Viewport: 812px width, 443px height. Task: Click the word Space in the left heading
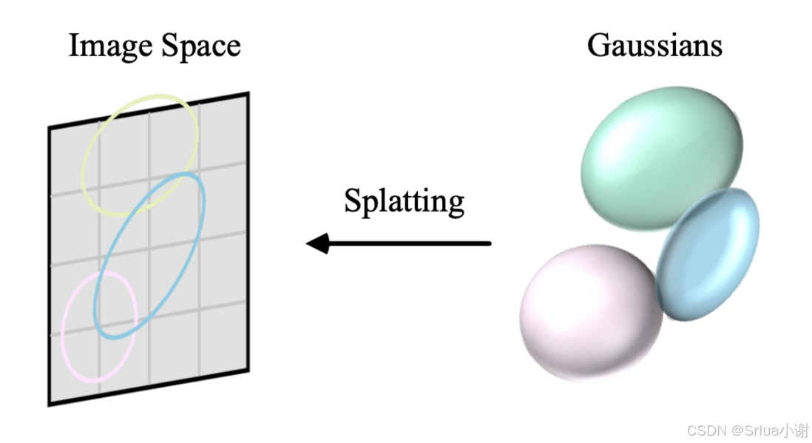[x=202, y=46]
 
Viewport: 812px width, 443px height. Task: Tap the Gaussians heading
[x=654, y=46]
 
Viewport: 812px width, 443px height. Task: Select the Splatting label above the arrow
[x=404, y=201]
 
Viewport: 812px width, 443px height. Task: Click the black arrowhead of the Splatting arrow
[x=317, y=243]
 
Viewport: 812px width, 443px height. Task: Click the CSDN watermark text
[x=746, y=430]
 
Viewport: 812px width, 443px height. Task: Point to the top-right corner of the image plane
[x=247, y=94]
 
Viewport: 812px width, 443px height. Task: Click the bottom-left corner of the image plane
[x=50, y=404]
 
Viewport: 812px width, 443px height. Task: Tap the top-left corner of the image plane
[x=50, y=128]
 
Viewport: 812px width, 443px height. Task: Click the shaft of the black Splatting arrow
[x=414, y=243]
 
